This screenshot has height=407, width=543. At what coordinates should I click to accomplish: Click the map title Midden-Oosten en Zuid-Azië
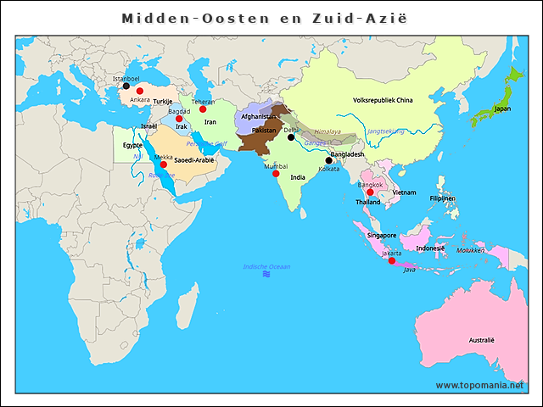(263, 18)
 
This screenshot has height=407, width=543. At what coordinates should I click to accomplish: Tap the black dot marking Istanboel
(126, 86)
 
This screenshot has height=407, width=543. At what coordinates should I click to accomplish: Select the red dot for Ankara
(140, 91)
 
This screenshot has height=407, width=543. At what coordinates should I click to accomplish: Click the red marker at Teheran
(203, 109)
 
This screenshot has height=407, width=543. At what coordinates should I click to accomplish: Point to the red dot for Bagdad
(179, 119)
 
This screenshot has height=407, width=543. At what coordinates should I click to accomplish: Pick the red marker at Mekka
(164, 164)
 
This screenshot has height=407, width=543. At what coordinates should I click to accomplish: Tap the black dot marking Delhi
(291, 137)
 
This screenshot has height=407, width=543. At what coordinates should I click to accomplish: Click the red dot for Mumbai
(276, 174)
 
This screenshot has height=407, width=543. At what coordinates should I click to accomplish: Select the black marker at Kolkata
(329, 160)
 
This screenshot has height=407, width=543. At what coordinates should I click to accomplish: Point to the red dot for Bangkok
(370, 192)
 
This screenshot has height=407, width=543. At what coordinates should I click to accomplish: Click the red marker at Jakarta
(391, 260)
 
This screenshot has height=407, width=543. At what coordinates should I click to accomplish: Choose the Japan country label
(502, 109)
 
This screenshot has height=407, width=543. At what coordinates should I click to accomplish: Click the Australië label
(481, 340)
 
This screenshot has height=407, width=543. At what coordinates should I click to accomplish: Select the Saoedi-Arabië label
(194, 159)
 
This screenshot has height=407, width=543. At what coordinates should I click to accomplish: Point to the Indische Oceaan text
(266, 266)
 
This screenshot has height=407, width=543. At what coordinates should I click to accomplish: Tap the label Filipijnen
(442, 198)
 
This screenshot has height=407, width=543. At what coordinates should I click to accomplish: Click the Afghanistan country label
(259, 116)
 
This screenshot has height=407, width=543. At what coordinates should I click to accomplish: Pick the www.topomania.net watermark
(480, 385)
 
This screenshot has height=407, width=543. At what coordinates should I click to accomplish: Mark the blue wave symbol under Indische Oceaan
(266, 275)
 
